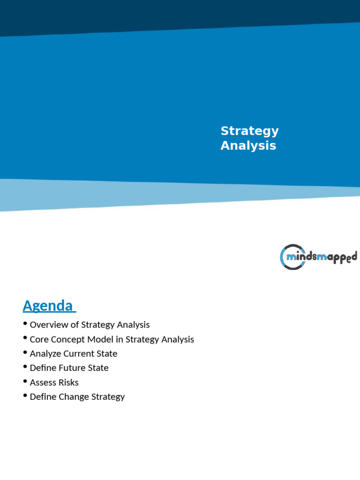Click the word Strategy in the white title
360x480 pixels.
(249, 131)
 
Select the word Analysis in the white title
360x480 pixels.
(248, 146)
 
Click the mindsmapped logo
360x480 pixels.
(318, 257)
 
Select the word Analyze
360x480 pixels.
(45, 354)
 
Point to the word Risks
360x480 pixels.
(68, 382)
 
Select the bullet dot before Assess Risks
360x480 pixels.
(25, 382)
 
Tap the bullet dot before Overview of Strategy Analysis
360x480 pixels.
(25, 324)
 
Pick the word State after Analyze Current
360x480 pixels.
(107, 354)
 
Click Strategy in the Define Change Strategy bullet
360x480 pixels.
(107, 397)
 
